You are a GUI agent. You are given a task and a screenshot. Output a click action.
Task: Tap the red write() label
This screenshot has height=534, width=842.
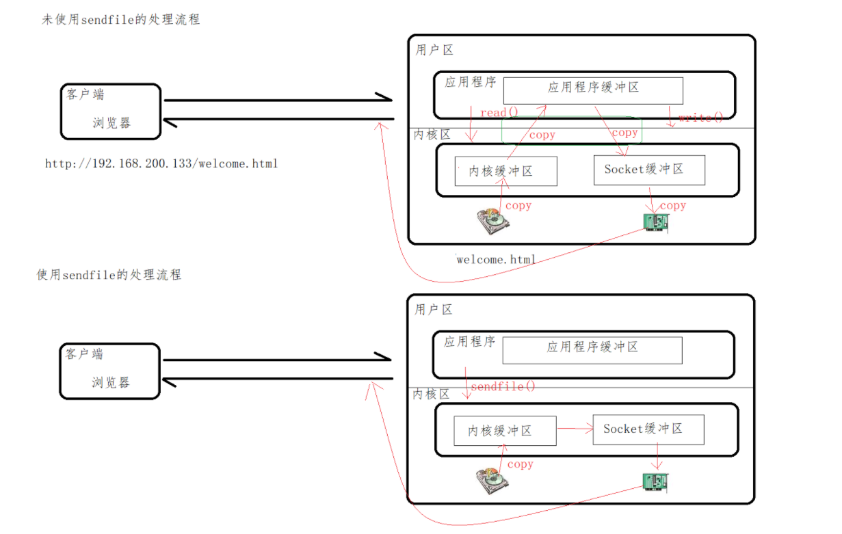point(700,118)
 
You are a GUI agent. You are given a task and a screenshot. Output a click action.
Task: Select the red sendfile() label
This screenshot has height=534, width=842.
point(503,387)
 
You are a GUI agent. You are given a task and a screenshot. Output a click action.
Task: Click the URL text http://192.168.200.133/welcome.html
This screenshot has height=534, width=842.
point(161,164)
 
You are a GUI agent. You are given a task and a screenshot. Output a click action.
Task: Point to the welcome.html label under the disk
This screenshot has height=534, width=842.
point(497,260)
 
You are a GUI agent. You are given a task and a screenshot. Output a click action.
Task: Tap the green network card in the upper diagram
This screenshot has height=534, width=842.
point(655,222)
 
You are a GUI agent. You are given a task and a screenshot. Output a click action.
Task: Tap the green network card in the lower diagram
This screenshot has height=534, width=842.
point(655,482)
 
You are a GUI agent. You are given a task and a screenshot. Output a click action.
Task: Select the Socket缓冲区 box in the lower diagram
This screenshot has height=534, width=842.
point(648,430)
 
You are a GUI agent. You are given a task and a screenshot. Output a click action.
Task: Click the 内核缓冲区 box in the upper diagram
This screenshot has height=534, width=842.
point(505,172)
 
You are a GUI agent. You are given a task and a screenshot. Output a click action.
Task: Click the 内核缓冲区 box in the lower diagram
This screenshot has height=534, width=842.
point(505,431)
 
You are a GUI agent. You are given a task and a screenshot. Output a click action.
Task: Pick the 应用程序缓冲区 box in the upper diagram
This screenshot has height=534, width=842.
point(593,90)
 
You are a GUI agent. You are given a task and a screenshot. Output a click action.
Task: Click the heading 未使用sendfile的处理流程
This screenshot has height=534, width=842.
point(121,20)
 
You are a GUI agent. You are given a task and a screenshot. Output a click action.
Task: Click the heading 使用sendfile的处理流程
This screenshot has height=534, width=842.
point(109,275)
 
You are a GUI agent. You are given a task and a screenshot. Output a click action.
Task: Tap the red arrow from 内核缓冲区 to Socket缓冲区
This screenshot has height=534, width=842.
point(575,429)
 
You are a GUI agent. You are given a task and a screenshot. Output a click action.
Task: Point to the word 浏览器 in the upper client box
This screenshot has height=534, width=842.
point(111,123)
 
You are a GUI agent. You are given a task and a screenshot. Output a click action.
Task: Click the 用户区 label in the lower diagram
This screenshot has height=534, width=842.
point(434,310)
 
